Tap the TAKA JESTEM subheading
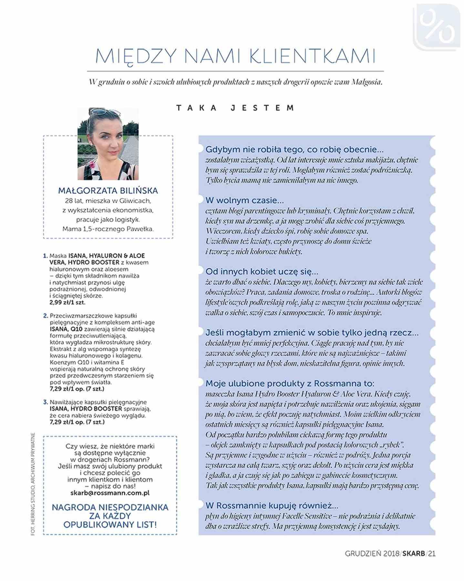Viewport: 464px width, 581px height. tap(235, 108)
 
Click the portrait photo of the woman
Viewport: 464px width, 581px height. tap(108, 144)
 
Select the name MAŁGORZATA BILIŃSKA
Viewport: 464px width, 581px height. tap(108, 190)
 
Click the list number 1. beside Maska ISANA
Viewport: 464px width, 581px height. tap(45, 256)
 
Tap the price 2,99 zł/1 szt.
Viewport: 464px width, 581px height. tap(67, 302)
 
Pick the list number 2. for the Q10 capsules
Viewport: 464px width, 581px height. tap(46, 316)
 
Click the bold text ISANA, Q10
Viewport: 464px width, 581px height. tap(66, 329)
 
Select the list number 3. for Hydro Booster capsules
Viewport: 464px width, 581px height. tap(46, 402)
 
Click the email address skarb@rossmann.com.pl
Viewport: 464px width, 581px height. tap(110, 493)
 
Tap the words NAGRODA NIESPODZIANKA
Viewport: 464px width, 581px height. tap(110, 507)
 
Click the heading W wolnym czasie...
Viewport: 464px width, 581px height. tap(244, 200)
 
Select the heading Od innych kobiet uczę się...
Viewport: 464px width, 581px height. tap(262, 271)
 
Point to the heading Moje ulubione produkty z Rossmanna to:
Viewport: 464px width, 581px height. tap(290, 383)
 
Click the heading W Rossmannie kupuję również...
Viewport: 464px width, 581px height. tap(272, 505)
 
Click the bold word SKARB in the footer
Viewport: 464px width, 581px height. tap(413, 554)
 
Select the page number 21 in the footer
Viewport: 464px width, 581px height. tap(432, 554)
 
